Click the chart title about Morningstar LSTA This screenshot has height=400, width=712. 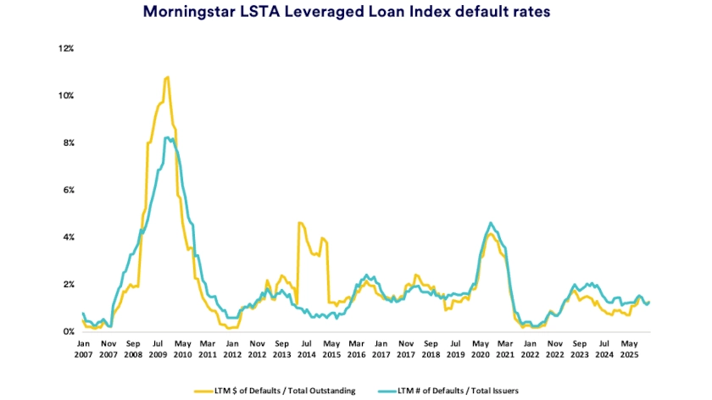(x=355, y=13)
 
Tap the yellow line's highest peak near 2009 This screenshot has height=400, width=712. (x=168, y=77)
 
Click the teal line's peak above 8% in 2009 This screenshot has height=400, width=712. (x=168, y=137)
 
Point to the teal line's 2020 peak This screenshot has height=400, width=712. (x=491, y=223)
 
